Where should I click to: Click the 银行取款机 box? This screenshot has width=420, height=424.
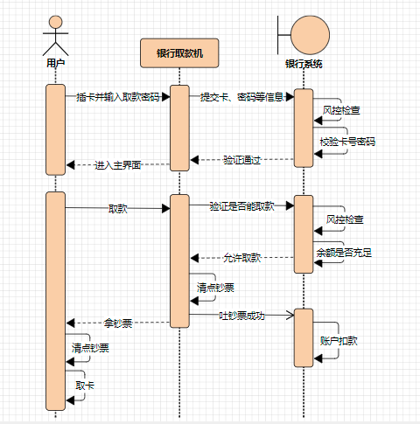pos(179,53)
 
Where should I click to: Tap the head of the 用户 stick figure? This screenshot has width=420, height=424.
pos(55,22)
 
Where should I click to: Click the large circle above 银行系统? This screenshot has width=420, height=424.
pos(310,35)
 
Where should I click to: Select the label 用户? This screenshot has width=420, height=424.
pos(55,63)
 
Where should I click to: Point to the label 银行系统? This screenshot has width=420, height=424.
pos(304,64)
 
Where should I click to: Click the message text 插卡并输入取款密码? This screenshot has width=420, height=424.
pos(117,97)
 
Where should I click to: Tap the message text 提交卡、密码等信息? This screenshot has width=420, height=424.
pos(241,97)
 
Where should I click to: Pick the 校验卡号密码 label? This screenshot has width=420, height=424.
pos(347,142)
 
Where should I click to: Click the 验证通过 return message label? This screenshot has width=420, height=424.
pos(241,160)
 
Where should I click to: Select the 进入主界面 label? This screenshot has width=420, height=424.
pos(117,165)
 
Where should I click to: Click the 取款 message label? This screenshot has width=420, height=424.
pos(117,209)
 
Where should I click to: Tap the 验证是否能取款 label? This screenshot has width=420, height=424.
pos(241,206)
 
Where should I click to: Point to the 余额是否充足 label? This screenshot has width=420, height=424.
pos(344,253)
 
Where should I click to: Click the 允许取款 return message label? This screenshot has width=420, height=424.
pos(241,258)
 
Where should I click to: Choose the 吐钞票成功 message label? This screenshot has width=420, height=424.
pos(241,316)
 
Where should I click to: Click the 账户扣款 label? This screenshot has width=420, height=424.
pos(339,341)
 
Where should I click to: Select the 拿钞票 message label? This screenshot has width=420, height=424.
pos(117,323)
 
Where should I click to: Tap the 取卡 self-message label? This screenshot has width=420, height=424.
pos(85,386)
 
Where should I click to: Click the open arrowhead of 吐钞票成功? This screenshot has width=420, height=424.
pos(292,315)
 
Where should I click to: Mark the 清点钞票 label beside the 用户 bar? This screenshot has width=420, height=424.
pos(90,348)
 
